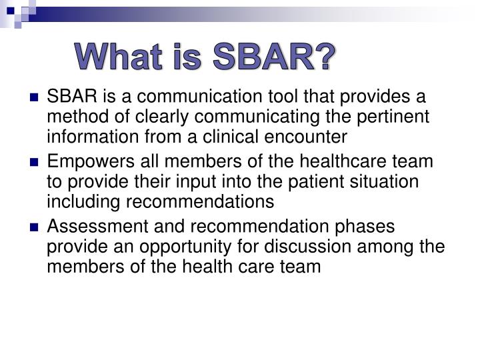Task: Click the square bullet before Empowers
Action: (x=35, y=163)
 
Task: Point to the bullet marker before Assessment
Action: (x=35, y=227)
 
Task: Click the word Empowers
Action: (x=83, y=162)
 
